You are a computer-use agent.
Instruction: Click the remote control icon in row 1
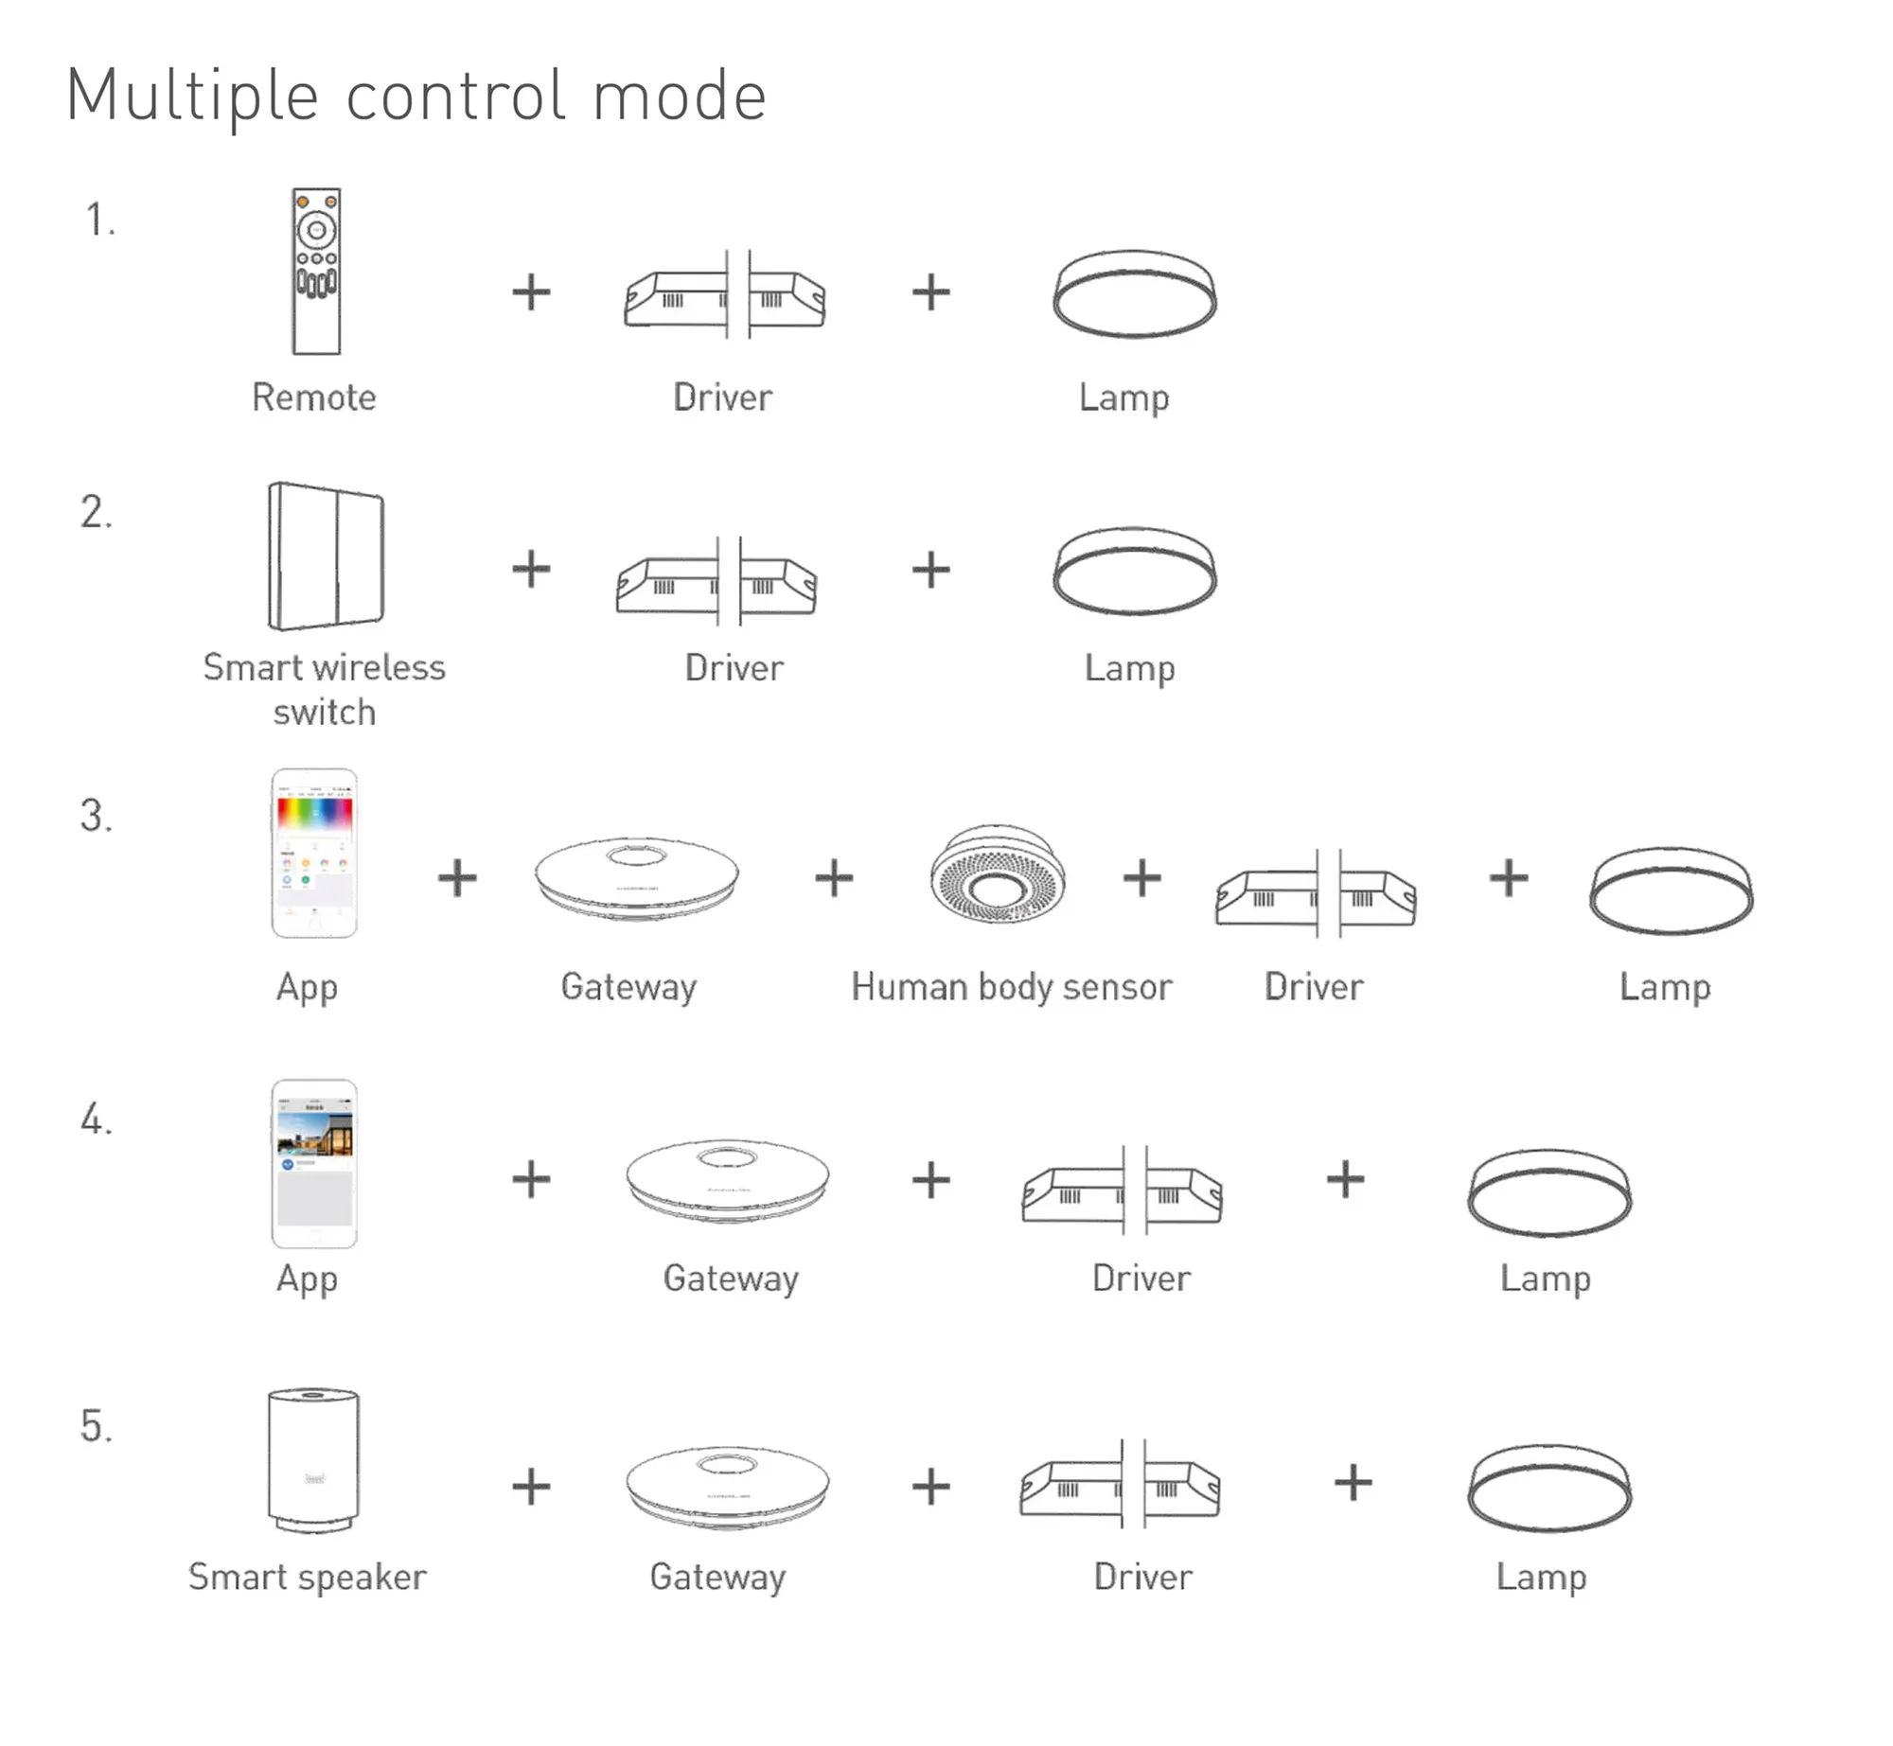click(x=316, y=272)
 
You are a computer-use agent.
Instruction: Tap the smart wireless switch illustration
click(x=327, y=556)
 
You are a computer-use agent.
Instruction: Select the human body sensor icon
click(x=998, y=874)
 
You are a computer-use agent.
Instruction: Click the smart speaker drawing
click(x=313, y=1458)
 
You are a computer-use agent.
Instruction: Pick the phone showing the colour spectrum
click(x=314, y=854)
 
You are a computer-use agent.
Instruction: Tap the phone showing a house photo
click(x=314, y=1163)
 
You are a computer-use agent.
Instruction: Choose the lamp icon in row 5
click(x=1549, y=1487)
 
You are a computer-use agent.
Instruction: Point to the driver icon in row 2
click(x=717, y=582)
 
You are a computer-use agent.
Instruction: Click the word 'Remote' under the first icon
click(x=314, y=397)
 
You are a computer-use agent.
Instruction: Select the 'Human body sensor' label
click(x=1011, y=987)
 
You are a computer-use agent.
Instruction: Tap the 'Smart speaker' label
click(x=308, y=1578)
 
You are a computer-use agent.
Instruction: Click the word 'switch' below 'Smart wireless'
click(x=325, y=713)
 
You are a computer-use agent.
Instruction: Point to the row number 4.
click(x=96, y=1120)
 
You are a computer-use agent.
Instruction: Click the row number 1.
click(x=99, y=220)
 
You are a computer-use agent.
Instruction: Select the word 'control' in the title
click(x=456, y=97)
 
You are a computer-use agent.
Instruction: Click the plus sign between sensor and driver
click(x=1142, y=877)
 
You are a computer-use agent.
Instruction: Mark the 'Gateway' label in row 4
click(x=731, y=1279)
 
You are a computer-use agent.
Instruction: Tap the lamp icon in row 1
click(x=1135, y=293)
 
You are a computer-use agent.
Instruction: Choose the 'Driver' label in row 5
click(x=1143, y=1578)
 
